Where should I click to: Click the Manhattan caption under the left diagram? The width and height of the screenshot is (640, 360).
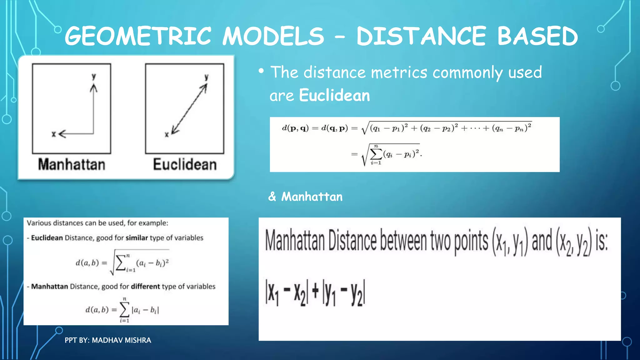(x=72, y=164)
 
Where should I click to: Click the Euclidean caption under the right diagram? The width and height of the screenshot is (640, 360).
(x=185, y=164)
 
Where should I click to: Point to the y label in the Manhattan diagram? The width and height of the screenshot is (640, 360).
(x=93, y=76)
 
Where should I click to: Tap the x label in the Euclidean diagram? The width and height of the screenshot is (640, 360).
(x=167, y=134)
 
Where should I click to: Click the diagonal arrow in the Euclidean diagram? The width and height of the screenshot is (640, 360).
(x=189, y=109)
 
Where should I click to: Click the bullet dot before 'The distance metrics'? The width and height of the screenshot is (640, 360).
(x=261, y=71)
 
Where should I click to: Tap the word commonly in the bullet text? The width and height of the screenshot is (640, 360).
(x=467, y=72)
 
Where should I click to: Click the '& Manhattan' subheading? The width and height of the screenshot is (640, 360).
(x=305, y=197)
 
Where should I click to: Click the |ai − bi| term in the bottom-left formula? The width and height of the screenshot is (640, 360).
(x=145, y=310)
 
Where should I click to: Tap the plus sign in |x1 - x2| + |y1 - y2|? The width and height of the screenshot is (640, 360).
(x=315, y=291)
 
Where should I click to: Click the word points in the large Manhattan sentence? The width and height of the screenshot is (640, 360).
(x=471, y=241)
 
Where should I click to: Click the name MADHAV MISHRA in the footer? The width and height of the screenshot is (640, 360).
(x=121, y=340)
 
